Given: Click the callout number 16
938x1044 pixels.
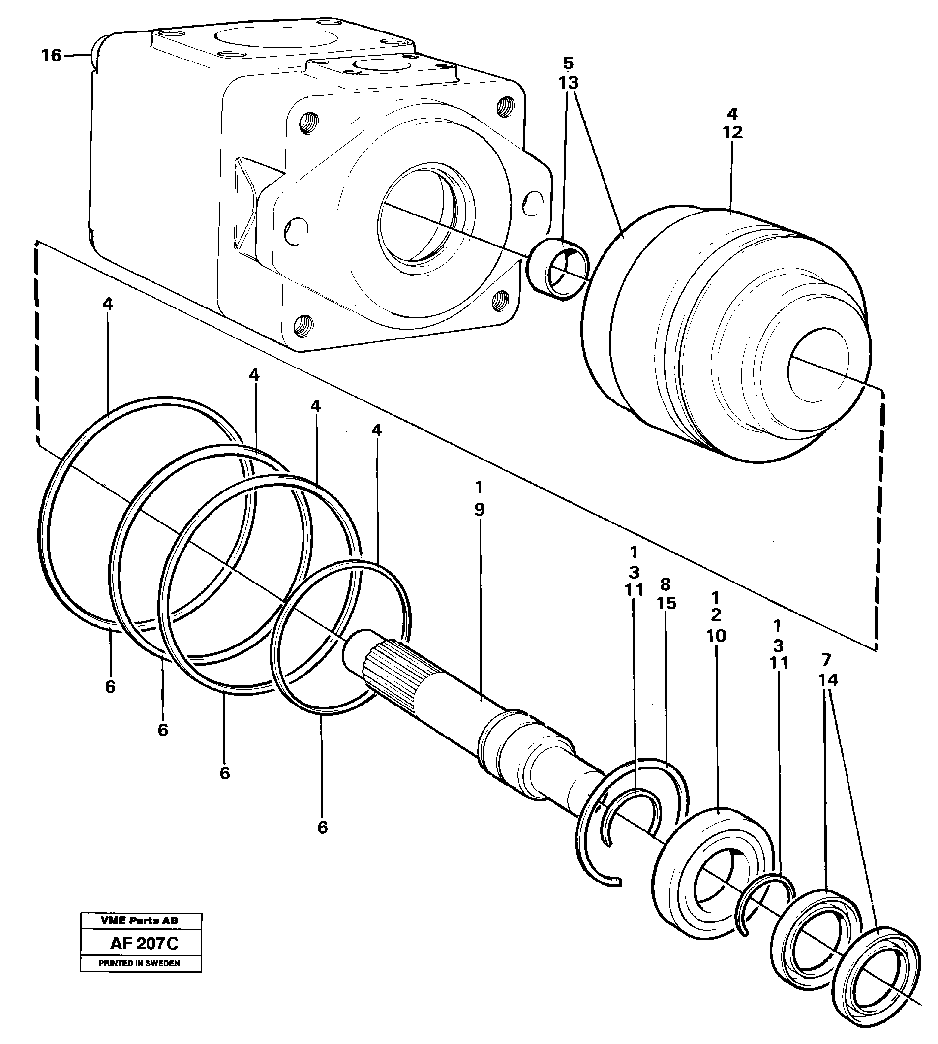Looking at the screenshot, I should [51, 55].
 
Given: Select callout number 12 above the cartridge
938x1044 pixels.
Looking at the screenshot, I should [732, 132].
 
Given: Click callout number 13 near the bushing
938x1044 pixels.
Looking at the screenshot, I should [568, 83].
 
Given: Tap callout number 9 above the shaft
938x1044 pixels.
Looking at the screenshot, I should [479, 510].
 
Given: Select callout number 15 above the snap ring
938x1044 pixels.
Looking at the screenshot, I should [667, 603].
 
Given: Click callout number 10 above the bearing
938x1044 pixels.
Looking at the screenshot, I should [716, 636].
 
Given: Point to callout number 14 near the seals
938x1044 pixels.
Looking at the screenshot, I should [828, 680].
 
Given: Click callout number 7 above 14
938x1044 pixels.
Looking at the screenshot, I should [827, 659].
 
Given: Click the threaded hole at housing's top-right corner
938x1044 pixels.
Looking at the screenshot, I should [505, 106].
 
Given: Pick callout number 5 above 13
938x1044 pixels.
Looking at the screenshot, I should [568, 63].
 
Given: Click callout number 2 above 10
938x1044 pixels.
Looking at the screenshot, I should [715, 614].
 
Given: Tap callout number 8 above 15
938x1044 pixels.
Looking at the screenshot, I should [666, 584].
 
